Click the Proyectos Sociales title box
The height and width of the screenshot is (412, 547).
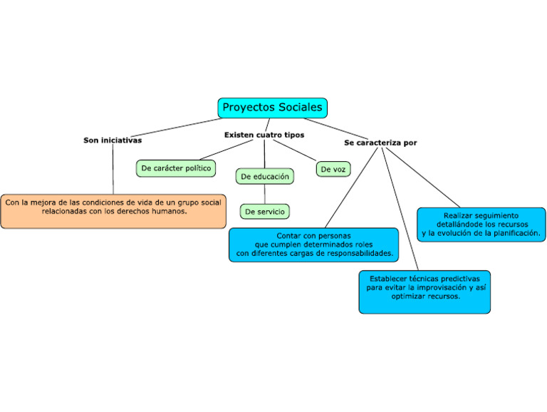272,108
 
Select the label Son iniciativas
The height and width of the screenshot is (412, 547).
113,140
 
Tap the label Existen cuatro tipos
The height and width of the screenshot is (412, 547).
264,135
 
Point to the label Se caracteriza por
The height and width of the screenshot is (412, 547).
380,143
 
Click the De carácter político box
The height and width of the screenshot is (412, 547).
176,168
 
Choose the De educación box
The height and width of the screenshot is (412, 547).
265,176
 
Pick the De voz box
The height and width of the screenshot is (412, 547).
333,170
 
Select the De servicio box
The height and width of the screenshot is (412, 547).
265,212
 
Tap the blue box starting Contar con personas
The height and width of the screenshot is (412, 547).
313,244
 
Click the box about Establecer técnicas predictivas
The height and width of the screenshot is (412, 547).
424,292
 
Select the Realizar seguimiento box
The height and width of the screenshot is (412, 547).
481,225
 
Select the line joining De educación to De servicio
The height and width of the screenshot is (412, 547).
265,194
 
